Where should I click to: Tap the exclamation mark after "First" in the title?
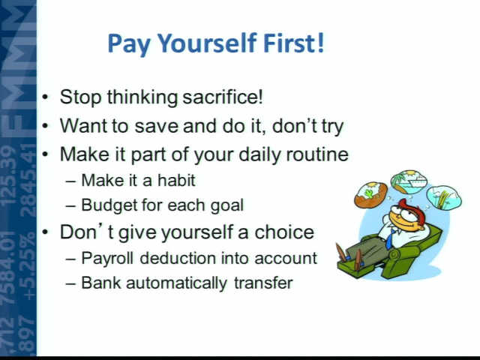click(320, 42)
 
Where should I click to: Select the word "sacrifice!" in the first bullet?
click(223, 97)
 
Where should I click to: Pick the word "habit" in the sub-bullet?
click(176, 180)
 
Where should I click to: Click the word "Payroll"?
click(107, 259)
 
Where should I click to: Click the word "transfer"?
click(263, 283)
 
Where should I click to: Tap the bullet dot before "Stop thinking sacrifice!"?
click(45, 97)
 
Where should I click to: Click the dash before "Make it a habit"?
click(70, 181)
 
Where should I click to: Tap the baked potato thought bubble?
click(371, 195)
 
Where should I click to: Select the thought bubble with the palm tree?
click(408, 181)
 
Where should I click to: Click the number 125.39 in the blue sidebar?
click(9, 175)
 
